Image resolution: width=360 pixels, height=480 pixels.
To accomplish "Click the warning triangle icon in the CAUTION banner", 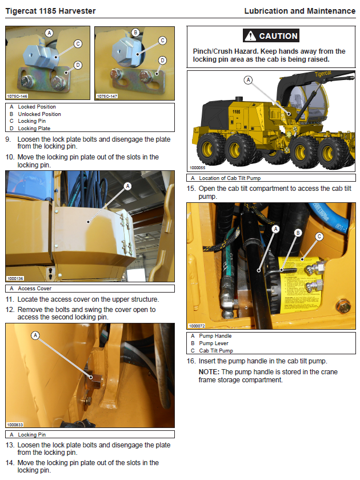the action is click(250, 36).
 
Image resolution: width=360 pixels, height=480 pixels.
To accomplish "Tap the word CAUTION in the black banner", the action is click(278, 36).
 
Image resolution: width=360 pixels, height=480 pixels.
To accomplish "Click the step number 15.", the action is click(191, 189).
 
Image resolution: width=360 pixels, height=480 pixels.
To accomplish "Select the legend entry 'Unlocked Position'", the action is click(39, 114).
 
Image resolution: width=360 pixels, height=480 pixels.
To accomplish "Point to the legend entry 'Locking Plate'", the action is click(34, 129).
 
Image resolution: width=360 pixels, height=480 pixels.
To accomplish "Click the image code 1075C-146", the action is click(17, 96).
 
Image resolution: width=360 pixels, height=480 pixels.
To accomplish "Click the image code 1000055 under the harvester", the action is click(198, 168).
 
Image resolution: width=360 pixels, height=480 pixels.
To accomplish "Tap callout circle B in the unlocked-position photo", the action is click(135, 33).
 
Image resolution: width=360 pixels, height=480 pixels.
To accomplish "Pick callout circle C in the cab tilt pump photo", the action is click(319, 237).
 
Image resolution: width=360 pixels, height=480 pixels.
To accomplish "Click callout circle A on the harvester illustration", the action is click(248, 80).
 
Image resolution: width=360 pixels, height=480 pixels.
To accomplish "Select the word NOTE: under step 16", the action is click(209, 372).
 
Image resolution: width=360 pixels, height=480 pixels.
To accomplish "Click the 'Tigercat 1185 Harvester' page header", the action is click(50, 11).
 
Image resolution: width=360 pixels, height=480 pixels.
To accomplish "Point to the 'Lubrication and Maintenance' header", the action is click(300, 11).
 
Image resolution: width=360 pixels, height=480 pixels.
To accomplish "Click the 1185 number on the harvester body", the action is click(237, 112).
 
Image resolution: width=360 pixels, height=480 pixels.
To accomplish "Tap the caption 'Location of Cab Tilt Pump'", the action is click(230, 178).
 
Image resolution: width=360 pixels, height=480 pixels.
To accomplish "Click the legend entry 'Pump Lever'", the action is click(214, 343).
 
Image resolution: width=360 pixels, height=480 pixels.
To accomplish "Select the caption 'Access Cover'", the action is click(35, 289).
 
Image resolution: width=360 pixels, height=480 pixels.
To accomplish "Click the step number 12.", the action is click(10, 310).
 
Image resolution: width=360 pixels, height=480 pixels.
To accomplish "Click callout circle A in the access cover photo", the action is click(127, 186).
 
